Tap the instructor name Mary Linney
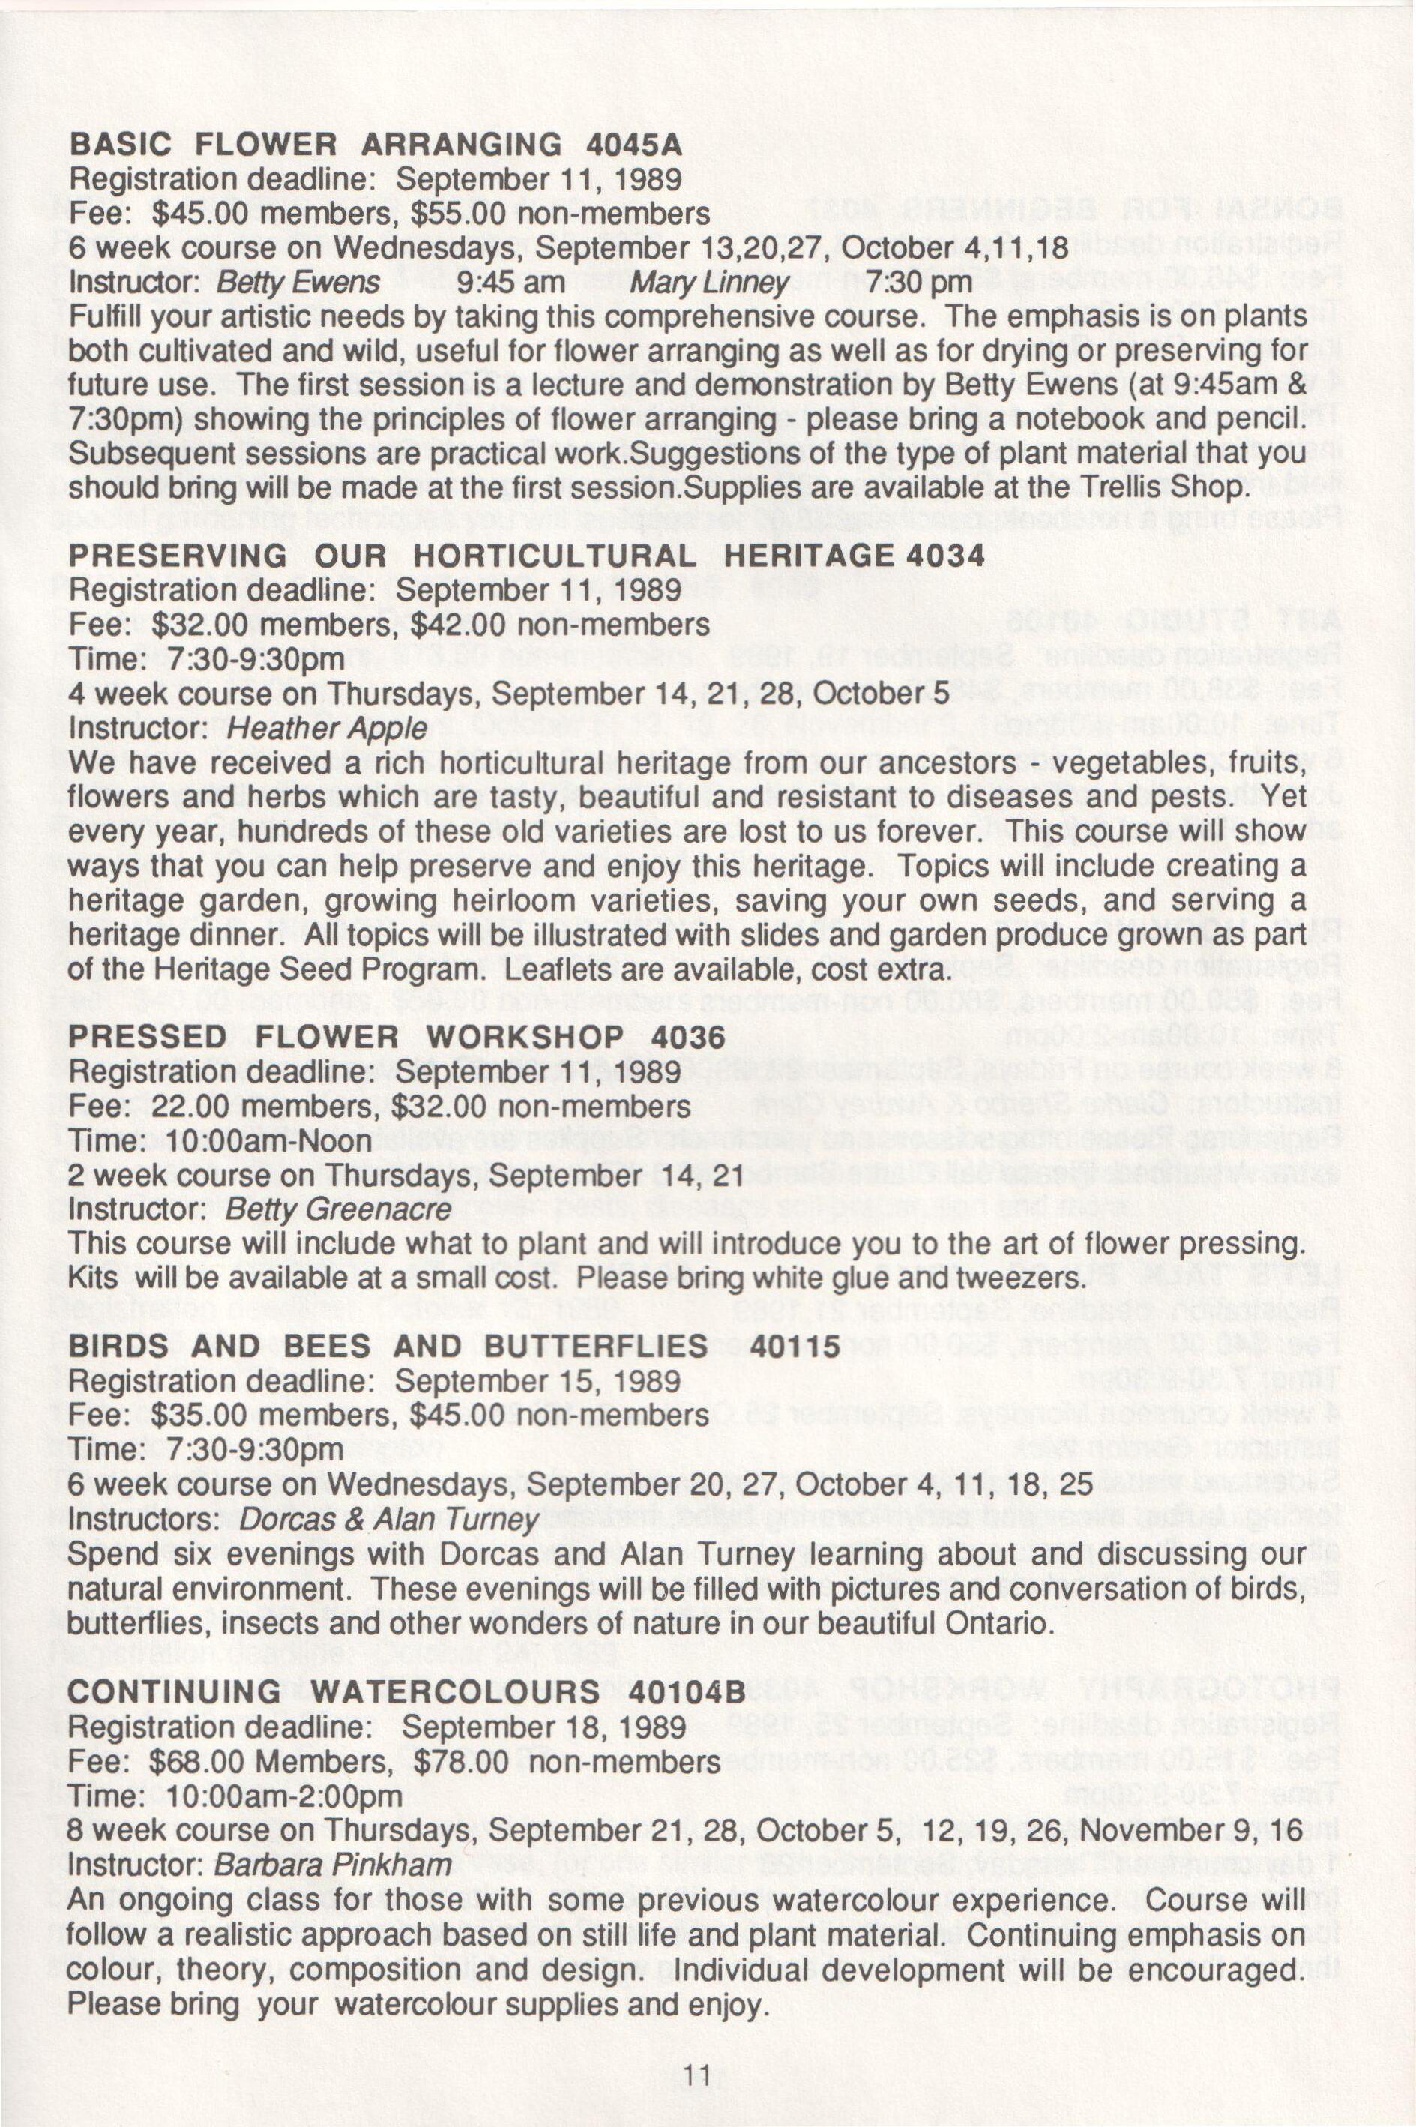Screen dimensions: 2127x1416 pyautogui.click(x=709, y=283)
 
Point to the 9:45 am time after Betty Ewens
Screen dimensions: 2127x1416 pyautogui.click(x=511, y=283)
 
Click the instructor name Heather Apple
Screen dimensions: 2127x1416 pyautogui.click(x=326, y=729)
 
